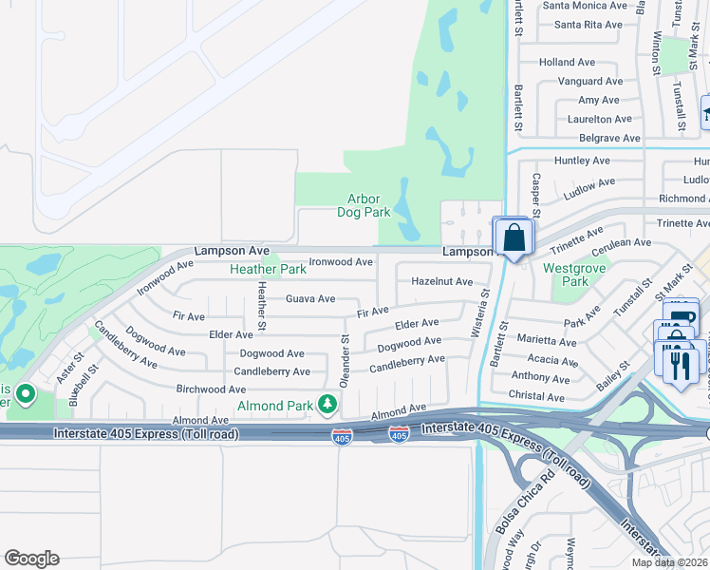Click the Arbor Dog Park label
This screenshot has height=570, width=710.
click(x=364, y=205)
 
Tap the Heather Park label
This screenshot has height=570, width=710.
click(x=268, y=269)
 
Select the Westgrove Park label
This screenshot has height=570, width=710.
click(x=566, y=275)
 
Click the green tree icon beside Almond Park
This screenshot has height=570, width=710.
click(x=327, y=406)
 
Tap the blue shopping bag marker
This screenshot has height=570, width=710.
click(x=514, y=238)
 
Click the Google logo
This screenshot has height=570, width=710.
click(x=30, y=559)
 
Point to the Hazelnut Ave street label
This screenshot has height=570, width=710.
click(x=441, y=281)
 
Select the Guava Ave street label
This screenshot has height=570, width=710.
click(x=310, y=298)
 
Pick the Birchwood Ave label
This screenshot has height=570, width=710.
click(x=212, y=389)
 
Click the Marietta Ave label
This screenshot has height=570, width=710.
click(x=546, y=341)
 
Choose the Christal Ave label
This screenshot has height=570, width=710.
click(x=537, y=395)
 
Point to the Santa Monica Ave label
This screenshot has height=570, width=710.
click(x=585, y=5)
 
